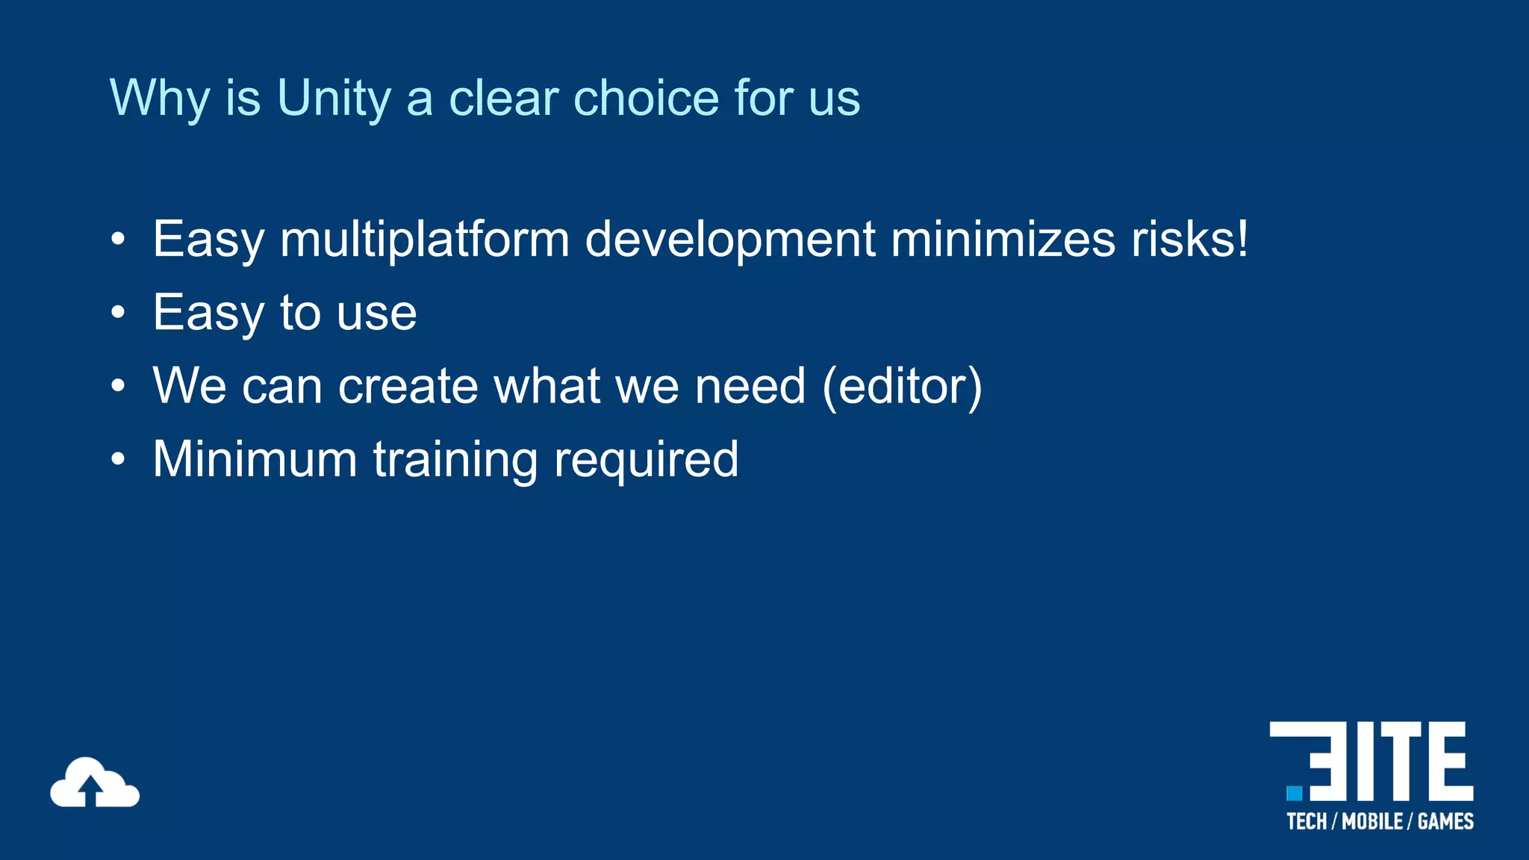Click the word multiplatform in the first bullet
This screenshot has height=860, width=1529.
(x=424, y=240)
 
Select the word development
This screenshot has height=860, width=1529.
(x=729, y=240)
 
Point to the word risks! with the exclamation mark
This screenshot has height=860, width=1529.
(x=1189, y=240)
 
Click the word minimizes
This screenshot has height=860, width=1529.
(x=1003, y=240)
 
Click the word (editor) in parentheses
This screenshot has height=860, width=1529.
(x=902, y=386)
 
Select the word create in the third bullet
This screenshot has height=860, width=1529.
(x=408, y=386)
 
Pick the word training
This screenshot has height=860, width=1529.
(x=455, y=459)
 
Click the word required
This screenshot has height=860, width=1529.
(x=646, y=459)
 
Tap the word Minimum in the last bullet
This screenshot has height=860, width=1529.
(x=255, y=459)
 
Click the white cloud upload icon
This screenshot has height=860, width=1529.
(x=95, y=783)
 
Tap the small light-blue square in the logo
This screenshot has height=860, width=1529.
(x=1294, y=793)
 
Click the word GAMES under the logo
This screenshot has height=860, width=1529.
(x=1445, y=822)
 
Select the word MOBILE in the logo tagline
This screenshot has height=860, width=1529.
(x=1372, y=822)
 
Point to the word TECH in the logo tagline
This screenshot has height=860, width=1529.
(x=1307, y=822)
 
